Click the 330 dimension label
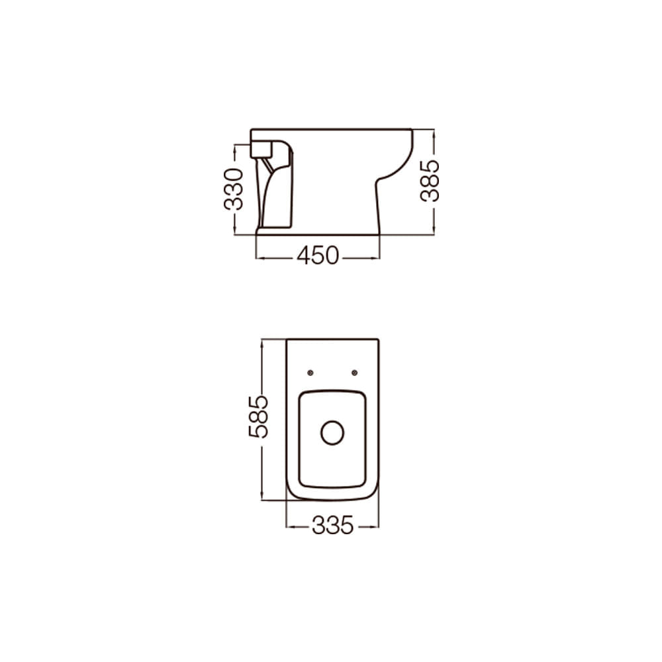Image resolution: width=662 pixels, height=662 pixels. (x=234, y=189)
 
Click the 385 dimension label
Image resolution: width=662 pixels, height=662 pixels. (x=430, y=181)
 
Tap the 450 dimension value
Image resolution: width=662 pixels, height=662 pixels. (x=318, y=256)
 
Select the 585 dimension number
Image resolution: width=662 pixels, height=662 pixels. (x=258, y=416)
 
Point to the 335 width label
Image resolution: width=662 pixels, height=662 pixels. (x=332, y=526)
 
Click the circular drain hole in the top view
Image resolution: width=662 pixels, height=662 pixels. (x=332, y=432)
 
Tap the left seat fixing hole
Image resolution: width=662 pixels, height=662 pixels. (x=310, y=372)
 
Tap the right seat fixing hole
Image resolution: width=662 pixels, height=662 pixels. (x=355, y=372)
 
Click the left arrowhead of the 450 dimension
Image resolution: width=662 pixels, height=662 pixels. (x=260, y=258)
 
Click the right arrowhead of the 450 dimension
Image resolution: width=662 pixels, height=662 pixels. (x=376, y=258)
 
